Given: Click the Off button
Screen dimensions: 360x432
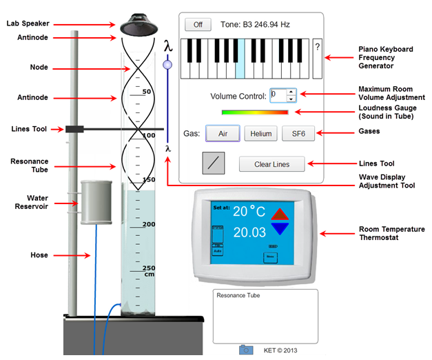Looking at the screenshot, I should point(198,25).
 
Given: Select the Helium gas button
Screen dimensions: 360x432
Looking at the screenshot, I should point(260,134).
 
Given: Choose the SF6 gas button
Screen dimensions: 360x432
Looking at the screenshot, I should point(298,134).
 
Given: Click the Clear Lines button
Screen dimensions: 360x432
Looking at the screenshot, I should point(271,165).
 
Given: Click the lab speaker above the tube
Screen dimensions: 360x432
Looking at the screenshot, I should point(140,26).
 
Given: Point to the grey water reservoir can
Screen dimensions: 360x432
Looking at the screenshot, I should point(96,202).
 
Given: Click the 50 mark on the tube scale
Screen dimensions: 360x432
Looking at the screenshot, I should point(146,91).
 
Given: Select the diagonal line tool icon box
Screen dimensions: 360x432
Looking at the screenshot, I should point(214,163).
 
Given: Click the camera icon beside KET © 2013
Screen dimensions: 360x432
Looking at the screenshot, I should point(247,350).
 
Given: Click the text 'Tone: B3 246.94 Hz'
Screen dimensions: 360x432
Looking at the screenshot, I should point(255,25).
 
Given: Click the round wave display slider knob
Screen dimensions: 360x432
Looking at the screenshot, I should point(166,65).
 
